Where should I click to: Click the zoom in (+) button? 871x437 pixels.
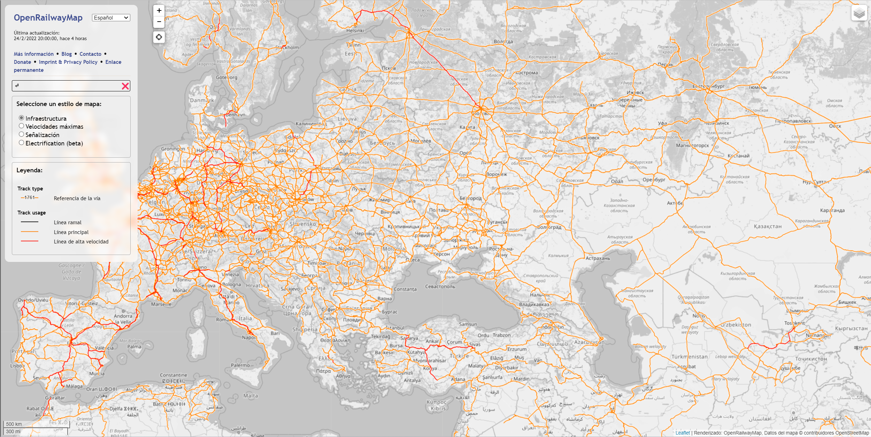(159, 10)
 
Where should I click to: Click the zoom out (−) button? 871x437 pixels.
(159, 22)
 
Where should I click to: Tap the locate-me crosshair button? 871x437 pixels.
(159, 37)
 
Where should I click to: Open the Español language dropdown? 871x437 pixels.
(111, 18)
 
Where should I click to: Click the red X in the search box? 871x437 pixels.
(125, 86)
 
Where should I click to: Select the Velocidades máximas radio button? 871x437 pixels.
(22, 126)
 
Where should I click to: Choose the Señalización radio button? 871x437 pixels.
(22, 134)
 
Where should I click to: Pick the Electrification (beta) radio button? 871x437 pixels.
(22, 143)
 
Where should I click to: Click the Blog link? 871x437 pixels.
(67, 54)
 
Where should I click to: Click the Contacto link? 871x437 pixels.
(90, 54)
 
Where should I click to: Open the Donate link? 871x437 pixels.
(22, 62)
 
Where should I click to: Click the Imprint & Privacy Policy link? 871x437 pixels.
(68, 62)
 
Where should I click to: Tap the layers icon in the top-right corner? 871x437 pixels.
(859, 13)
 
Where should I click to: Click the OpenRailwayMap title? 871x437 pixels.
(48, 18)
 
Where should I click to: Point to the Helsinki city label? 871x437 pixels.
(355, 31)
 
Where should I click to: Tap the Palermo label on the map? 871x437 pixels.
(240, 365)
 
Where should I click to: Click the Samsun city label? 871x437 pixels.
(468, 324)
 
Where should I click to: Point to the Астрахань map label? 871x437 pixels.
(598, 258)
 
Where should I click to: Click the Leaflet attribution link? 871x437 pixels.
(683, 433)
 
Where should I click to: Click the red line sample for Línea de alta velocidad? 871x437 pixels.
(30, 241)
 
